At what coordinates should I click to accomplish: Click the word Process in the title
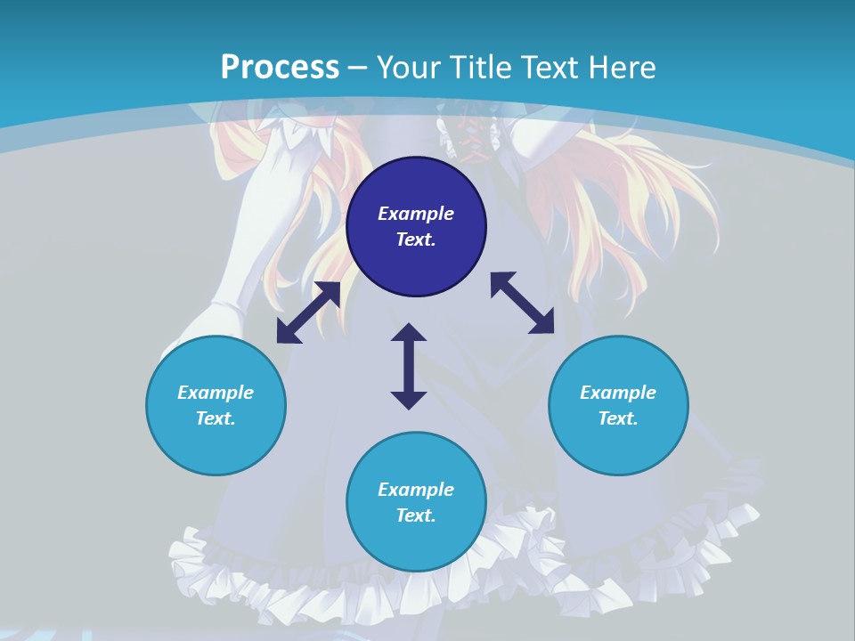[280, 67]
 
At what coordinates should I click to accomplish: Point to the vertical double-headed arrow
[409, 366]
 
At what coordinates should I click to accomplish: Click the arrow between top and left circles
[308, 312]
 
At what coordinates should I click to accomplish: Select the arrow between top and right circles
[522, 304]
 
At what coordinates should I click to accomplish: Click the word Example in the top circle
[416, 214]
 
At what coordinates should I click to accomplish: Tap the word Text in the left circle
[216, 418]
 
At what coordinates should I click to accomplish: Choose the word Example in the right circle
[618, 393]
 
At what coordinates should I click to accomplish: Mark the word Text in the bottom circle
[416, 515]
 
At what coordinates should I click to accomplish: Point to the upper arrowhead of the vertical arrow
[409, 333]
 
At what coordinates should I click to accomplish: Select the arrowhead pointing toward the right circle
[541, 323]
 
